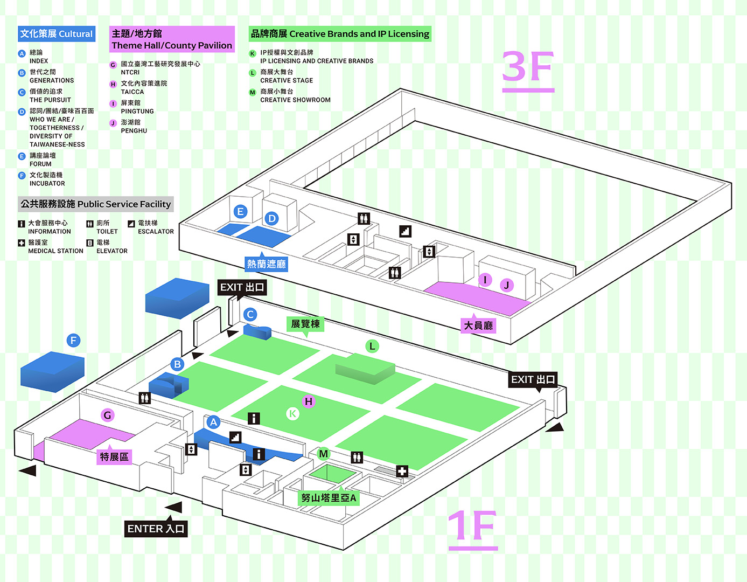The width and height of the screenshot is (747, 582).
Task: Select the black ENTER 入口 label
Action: click(x=156, y=529)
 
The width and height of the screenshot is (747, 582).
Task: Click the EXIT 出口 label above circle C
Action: click(x=242, y=287)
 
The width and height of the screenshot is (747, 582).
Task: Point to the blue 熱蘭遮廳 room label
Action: click(x=267, y=264)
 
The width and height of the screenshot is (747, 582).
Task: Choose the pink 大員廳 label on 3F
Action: click(x=478, y=325)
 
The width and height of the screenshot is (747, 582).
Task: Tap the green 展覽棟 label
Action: click(x=305, y=324)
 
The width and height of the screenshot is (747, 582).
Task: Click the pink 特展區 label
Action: click(x=114, y=457)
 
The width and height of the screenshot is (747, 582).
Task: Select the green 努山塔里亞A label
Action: click(x=329, y=498)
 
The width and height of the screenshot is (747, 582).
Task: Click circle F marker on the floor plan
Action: click(x=73, y=341)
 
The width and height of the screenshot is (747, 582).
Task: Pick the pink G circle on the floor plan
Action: click(x=107, y=415)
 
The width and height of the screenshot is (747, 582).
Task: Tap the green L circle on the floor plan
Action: click(x=372, y=346)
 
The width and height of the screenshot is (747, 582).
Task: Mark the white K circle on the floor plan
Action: click(x=292, y=413)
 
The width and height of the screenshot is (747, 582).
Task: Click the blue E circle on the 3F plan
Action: click(x=240, y=211)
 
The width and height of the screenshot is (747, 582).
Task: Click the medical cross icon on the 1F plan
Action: click(x=402, y=471)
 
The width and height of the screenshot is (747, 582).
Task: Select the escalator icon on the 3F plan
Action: click(x=406, y=231)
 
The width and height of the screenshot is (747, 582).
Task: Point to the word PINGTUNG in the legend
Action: click(x=137, y=111)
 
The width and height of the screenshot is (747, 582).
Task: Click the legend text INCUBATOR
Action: click(x=47, y=183)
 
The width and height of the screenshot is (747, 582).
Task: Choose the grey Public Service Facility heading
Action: click(x=95, y=204)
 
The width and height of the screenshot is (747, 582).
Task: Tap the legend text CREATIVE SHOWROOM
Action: click(x=295, y=100)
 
